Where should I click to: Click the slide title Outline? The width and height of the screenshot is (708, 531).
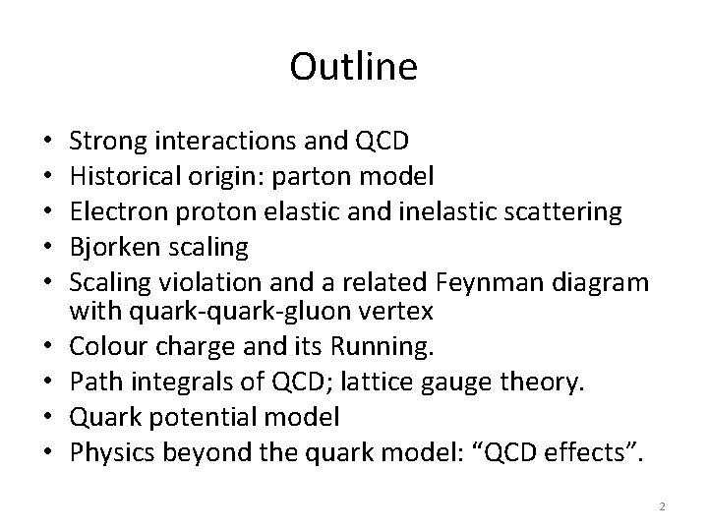354,67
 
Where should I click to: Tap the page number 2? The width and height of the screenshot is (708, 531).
662,506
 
